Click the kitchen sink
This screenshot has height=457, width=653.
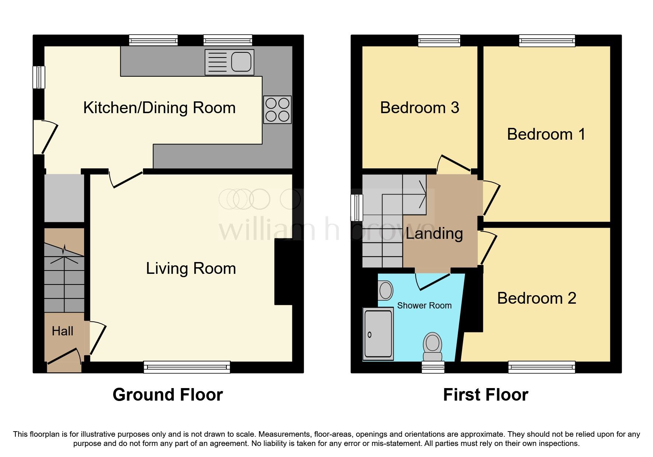click(229, 62)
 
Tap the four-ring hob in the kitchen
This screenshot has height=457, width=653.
click(277, 109)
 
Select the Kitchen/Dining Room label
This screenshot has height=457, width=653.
click(159, 108)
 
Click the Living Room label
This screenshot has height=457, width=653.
click(191, 268)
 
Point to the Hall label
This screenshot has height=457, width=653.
click(62, 331)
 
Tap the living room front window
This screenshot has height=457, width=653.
click(187, 367)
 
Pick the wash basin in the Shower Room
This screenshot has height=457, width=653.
click(386, 290)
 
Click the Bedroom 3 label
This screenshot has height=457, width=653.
click(419, 108)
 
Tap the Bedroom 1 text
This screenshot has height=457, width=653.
click(546, 134)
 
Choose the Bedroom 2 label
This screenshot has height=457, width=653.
click(536, 298)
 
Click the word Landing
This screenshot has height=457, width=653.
click(434, 233)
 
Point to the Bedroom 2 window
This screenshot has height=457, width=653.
click(541, 367)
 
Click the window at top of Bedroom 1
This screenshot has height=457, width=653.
click(547, 41)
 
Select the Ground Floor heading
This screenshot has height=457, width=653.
click(167, 395)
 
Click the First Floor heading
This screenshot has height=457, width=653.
click(485, 395)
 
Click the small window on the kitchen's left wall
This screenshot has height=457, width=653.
click(39, 77)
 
